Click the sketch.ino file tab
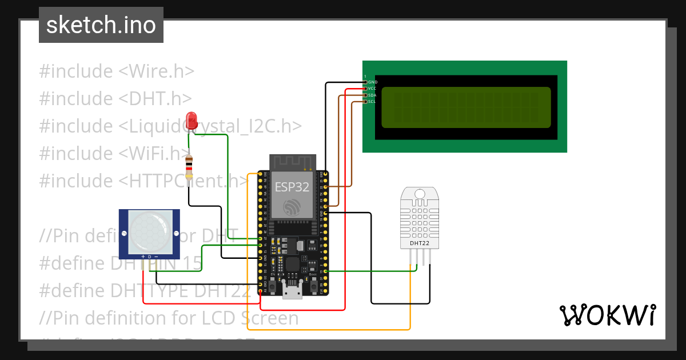coord(101,25)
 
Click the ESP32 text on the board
coord(293,187)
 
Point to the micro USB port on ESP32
coord(293,293)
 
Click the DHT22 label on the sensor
coord(420,243)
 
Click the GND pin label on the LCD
coord(372,82)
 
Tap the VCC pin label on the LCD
coord(372,89)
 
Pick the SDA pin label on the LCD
coord(372,95)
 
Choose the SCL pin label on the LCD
coord(372,101)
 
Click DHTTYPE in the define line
coord(145,290)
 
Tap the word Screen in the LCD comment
coord(270,318)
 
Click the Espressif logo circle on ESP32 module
coord(293,207)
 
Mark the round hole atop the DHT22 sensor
coord(420,194)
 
